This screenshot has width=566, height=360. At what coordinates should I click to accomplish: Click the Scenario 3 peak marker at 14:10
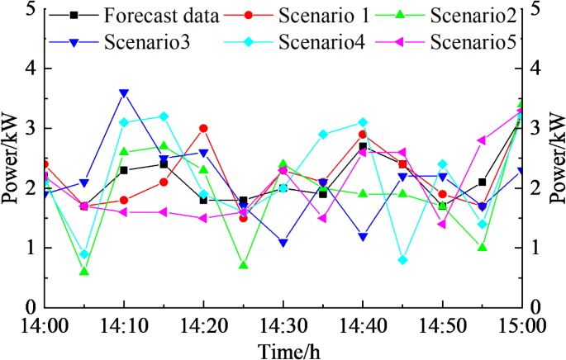[x=124, y=93]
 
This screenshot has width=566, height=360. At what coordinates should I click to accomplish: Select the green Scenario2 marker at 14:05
[x=84, y=272]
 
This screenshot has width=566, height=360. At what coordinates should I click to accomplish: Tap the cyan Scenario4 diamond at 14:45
[x=402, y=259]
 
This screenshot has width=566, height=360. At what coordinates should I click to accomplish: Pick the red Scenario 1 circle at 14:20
[x=203, y=129]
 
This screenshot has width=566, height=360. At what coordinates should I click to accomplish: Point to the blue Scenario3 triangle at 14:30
[x=283, y=243]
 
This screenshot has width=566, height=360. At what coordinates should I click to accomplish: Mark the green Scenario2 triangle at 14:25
[x=243, y=265]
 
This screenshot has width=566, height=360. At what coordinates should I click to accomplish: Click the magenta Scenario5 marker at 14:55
[x=482, y=140]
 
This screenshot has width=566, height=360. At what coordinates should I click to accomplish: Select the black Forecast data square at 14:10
[x=124, y=170]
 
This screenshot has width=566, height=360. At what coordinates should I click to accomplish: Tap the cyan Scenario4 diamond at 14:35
[x=323, y=135]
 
